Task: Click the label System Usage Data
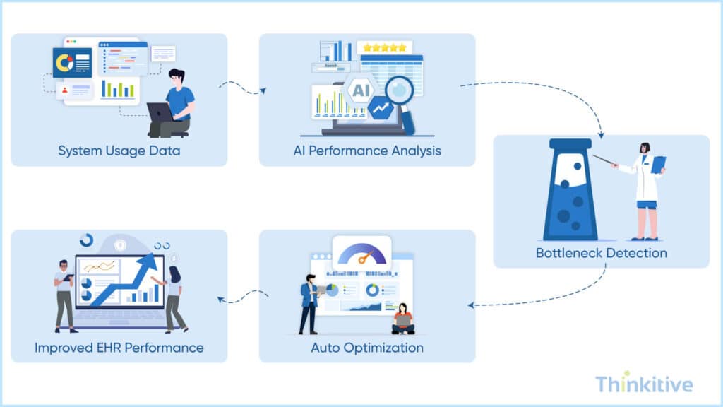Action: (119, 151)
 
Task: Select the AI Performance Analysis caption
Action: (367, 151)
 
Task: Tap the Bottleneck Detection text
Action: (601, 252)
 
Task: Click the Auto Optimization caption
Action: (367, 348)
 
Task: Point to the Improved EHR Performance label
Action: (119, 348)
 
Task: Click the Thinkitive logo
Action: (644, 384)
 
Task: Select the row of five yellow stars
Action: (385, 47)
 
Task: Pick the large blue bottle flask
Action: (570, 191)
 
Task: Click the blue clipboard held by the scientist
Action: (658, 164)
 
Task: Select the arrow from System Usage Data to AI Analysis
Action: (243, 88)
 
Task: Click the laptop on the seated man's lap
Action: (160, 112)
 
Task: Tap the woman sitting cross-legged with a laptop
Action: (403, 319)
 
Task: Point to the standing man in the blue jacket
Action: (309, 304)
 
